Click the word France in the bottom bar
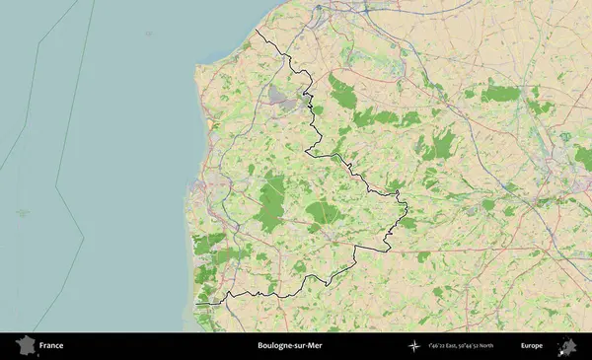[52, 346]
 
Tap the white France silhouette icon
[23, 346]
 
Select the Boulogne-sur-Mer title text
[289, 346]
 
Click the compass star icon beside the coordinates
[412, 346]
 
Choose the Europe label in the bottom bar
[532, 346]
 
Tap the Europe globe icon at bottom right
[567, 346]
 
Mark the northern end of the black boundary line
[256, 31]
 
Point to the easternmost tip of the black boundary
[407, 206]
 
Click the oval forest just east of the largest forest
[323, 211]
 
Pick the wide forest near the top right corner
[500, 94]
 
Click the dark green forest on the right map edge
[584, 157]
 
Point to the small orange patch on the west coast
[210, 125]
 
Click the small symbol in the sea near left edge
[23, 212]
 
